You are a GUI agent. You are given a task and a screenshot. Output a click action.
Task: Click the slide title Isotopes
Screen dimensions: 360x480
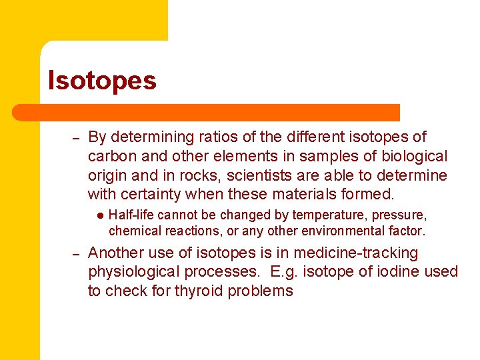click(102, 81)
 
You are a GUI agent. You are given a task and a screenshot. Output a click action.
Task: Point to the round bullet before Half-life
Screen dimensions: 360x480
click(99, 215)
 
